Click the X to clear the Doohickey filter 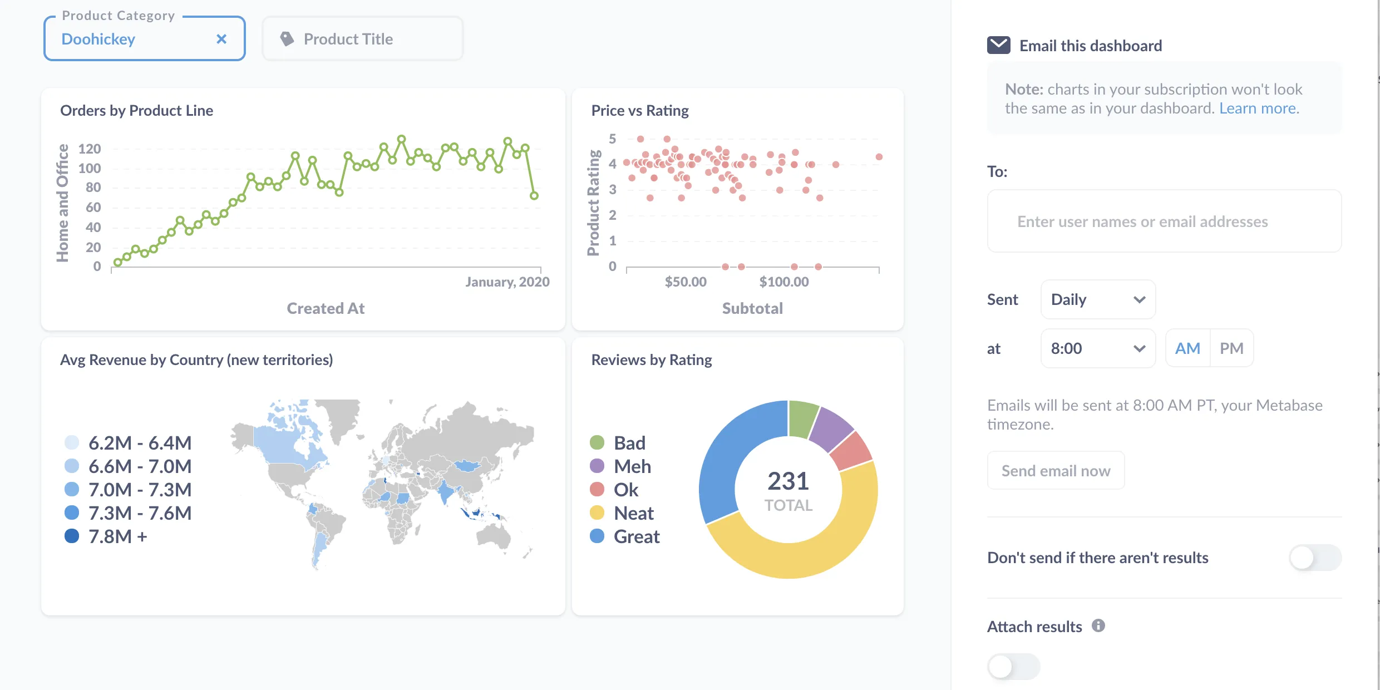click(221, 39)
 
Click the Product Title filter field click(362, 39)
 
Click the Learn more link click(1259, 109)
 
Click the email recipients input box click(1164, 221)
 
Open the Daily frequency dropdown click(1097, 299)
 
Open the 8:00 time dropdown click(1097, 348)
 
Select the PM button click(1231, 348)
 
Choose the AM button click(1187, 348)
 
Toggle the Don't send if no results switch click(1315, 558)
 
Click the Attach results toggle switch click(1013, 666)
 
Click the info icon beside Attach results click(1098, 625)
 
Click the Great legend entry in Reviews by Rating click(625, 536)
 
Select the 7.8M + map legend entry click(106, 536)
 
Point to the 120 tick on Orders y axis click(90, 149)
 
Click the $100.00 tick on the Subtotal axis click(784, 282)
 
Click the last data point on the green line click(534, 195)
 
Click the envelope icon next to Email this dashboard click(998, 45)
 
